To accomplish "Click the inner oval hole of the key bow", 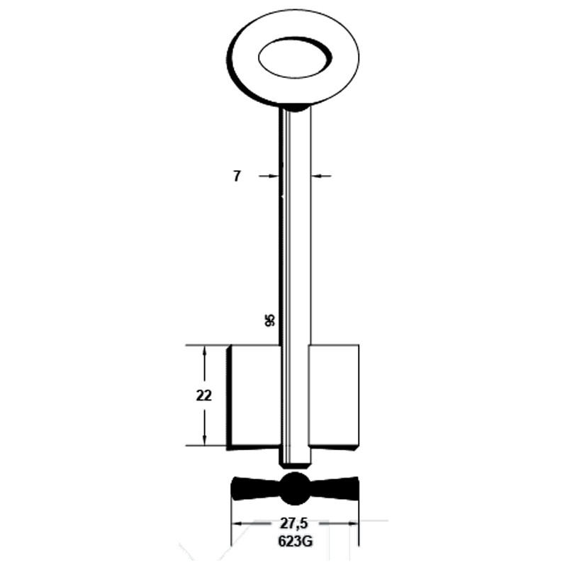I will (294, 57).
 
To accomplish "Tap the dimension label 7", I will (237, 176).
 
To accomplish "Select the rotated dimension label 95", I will (269, 320).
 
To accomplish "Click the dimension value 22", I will (204, 396).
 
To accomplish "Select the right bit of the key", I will (333, 397).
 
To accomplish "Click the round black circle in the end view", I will (295, 488).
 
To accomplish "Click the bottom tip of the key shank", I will (296, 464).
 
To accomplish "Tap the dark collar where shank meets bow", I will (295, 108).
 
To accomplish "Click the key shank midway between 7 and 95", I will (295, 248).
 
